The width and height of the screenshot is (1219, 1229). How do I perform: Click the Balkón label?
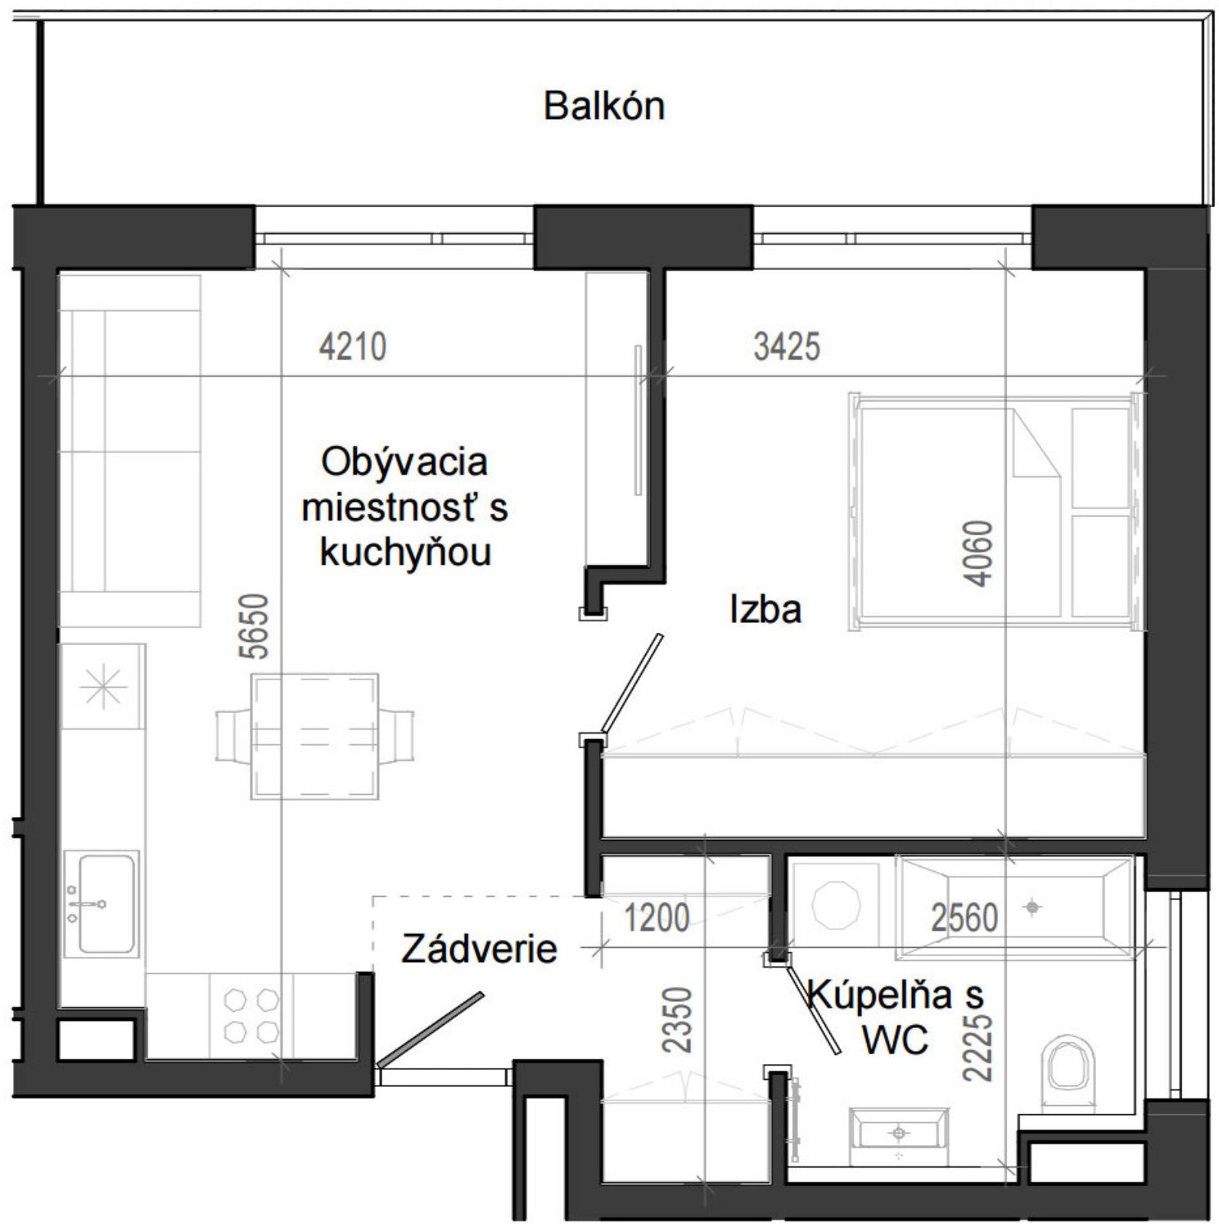point(604,106)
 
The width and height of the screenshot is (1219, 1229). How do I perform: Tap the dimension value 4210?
point(352,347)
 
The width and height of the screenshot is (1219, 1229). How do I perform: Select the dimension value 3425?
point(786,347)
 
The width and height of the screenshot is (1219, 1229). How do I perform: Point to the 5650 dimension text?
point(254,626)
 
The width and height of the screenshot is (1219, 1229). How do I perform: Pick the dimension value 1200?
point(657,918)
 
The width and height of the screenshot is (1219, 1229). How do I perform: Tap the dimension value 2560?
point(964,918)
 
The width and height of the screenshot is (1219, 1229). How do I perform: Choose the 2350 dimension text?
point(677,1020)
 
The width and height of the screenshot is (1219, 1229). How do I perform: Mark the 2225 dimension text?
point(977,1047)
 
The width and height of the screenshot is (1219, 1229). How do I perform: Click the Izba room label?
point(765,610)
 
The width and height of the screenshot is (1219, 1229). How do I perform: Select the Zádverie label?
point(479,949)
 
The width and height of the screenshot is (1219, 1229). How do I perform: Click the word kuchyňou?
point(405,552)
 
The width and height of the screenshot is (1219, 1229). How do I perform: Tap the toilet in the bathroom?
point(1068,1065)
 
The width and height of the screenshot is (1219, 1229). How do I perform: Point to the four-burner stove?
point(251,1016)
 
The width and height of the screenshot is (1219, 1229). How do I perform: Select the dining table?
point(315,736)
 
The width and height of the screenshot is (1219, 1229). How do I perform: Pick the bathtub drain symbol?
point(1033,907)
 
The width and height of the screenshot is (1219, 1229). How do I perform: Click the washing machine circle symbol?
point(835,906)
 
